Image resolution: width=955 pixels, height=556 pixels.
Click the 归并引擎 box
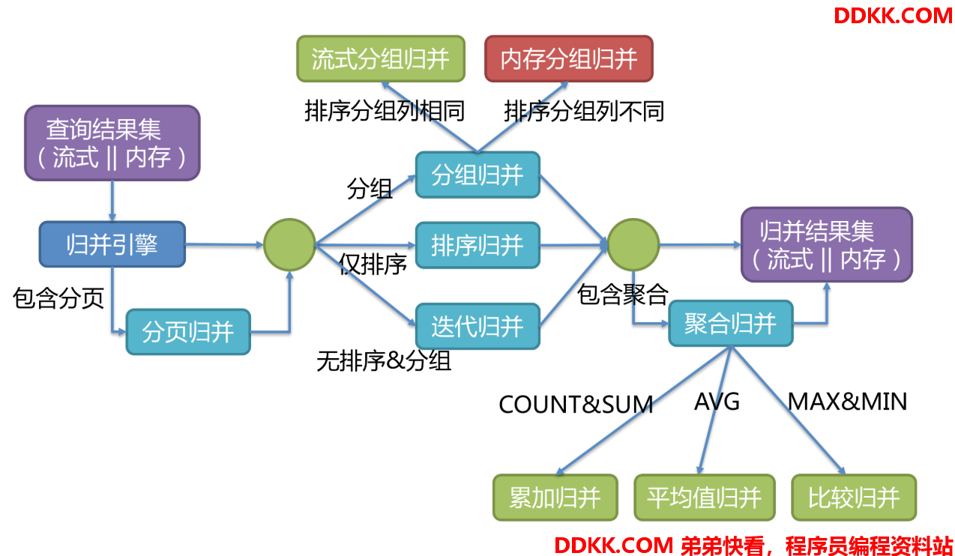[112, 244]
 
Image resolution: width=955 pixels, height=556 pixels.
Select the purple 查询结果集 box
[112, 143]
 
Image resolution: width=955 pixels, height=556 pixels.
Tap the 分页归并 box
[188, 332]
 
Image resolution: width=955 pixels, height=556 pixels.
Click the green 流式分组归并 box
[381, 58]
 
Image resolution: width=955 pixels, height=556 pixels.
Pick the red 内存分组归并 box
[569, 58]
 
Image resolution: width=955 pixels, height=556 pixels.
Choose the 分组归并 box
[477, 175]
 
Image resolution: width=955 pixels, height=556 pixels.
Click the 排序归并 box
[477, 245]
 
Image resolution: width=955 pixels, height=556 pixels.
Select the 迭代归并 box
[477, 327]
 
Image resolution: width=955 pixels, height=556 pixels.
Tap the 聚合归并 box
[731, 324]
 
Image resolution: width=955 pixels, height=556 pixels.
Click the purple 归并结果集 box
[827, 244]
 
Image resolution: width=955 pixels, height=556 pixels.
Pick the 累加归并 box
[555, 498]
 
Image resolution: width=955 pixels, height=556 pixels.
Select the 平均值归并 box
[705, 498]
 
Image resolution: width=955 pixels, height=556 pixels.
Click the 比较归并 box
[854, 498]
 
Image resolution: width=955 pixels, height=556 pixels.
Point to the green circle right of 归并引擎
[289, 244]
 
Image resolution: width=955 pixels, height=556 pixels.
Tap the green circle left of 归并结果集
[633, 244]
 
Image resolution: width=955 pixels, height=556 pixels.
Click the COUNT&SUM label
[576, 405]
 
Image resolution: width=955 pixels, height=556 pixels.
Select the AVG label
[717, 402]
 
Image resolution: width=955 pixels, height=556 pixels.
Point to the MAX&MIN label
[847, 402]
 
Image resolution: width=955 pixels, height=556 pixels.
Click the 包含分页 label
[58, 297]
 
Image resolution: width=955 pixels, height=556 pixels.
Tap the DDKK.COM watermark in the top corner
[893, 16]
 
